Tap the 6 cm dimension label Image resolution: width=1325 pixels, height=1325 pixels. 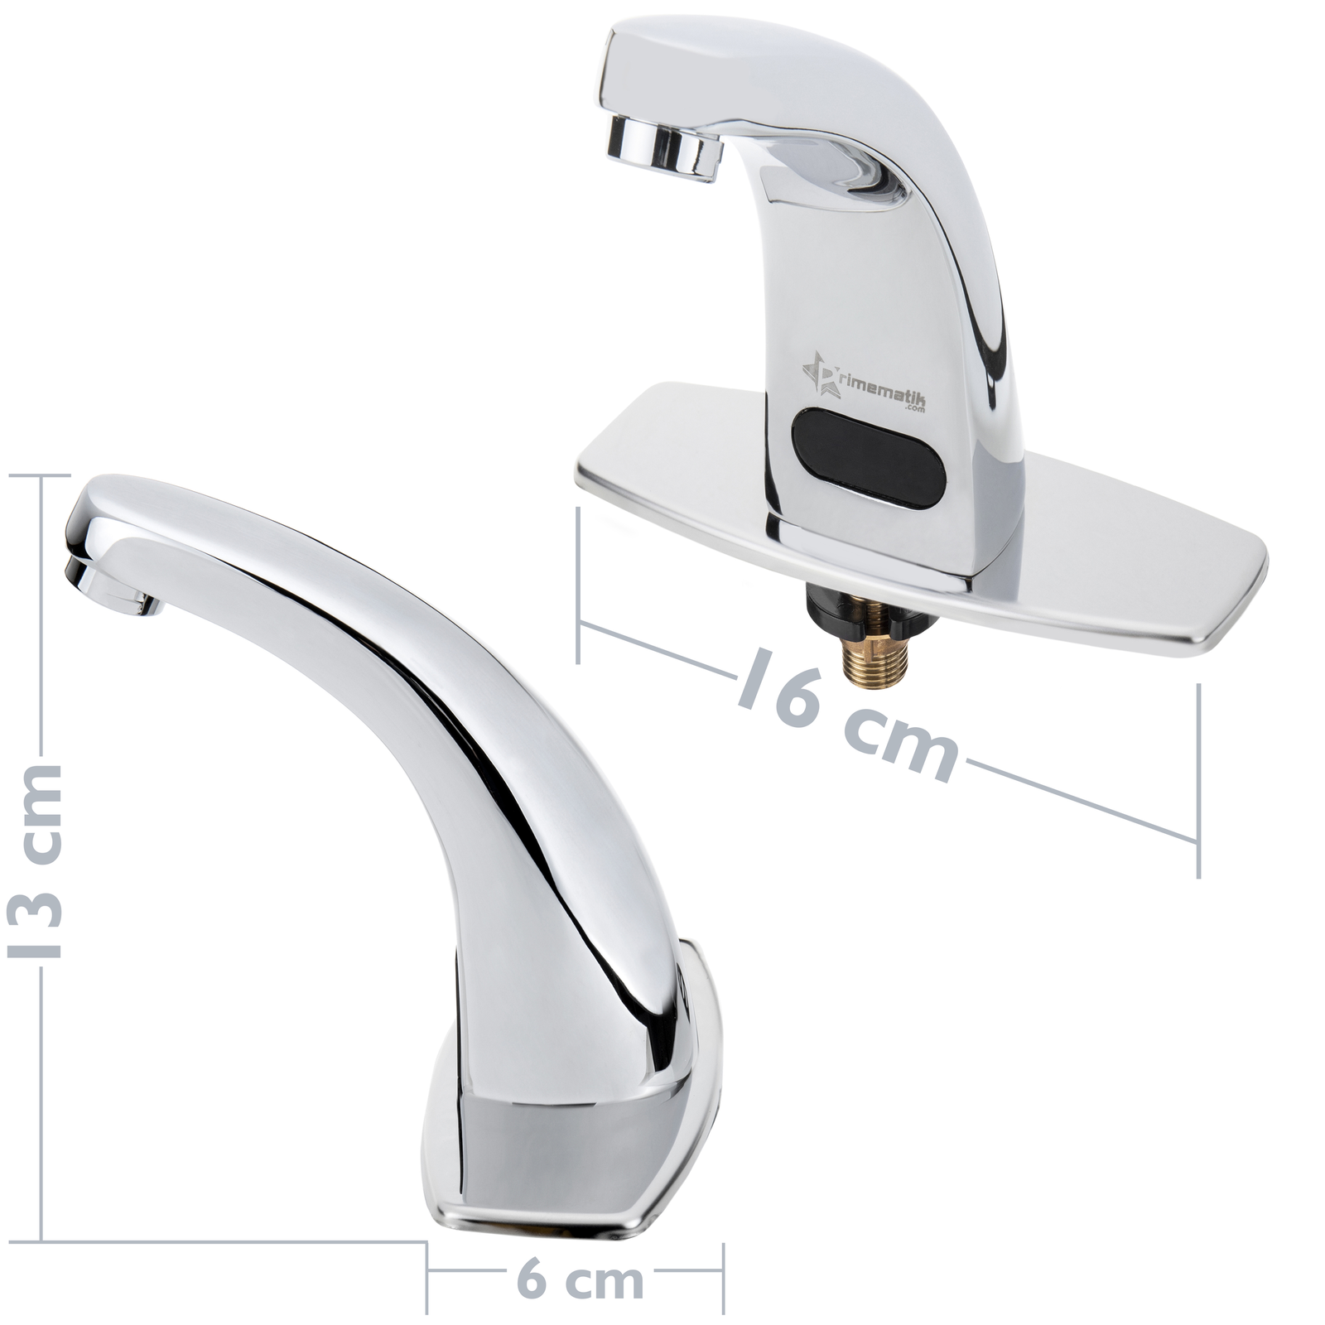coord(580,1280)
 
